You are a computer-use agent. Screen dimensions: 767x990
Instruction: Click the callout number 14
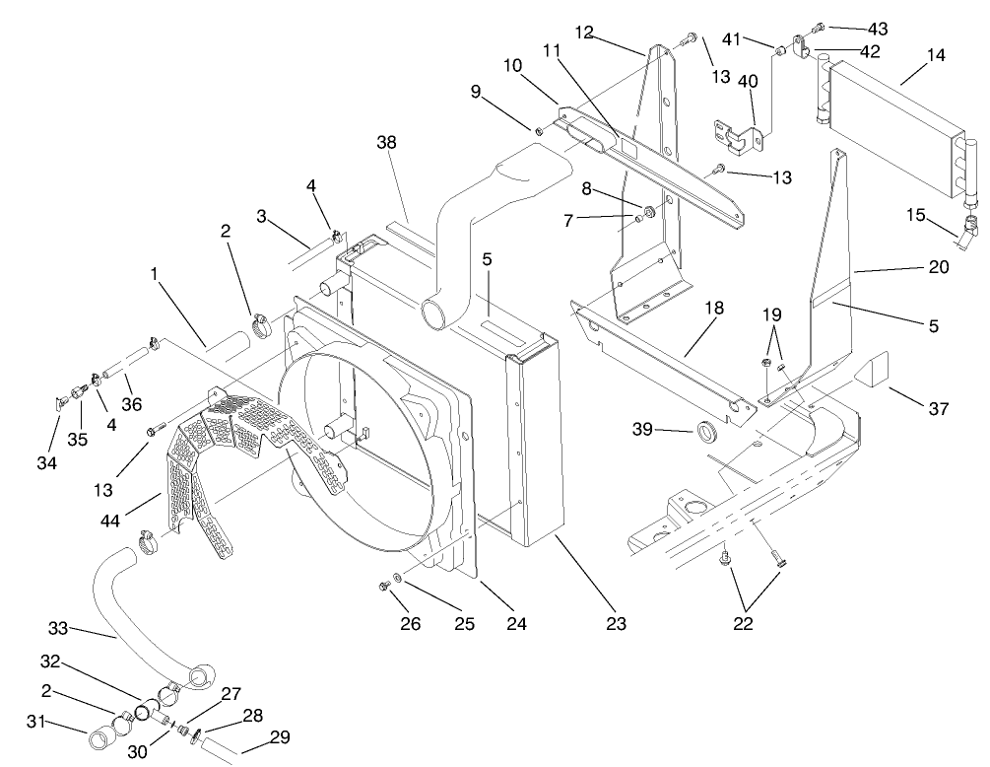[936, 55]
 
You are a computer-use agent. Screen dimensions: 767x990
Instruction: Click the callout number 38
[386, 142]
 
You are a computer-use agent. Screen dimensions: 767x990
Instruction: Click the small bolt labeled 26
[385, 588]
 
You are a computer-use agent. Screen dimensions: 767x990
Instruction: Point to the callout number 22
[742, 624]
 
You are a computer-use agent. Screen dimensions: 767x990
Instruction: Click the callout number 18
[712, 308]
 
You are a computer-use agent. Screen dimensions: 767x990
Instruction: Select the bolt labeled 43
[819, 28]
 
